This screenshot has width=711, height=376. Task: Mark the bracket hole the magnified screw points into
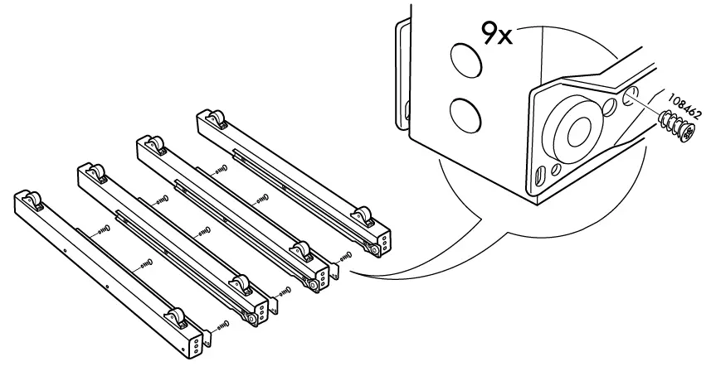coord(632,94)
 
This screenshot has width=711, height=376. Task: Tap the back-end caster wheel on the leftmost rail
coord(32,200)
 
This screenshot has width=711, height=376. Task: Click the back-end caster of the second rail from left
coord(94,175)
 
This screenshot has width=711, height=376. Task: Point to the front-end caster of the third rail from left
coord(300,251)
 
